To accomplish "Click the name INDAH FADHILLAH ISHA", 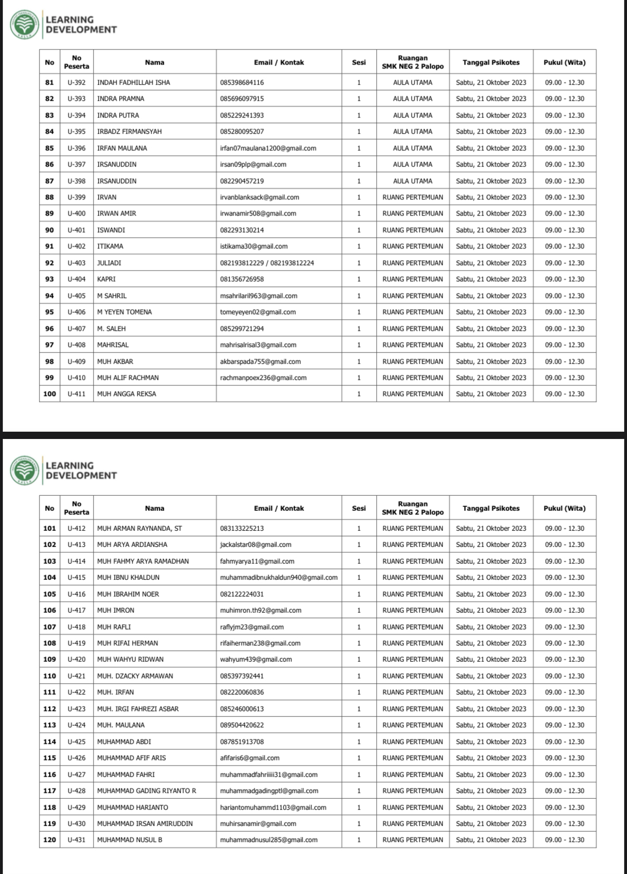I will pyautogui.click(x=134, y=82).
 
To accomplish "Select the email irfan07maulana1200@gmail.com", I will pyautogui.click(x=268, y=148).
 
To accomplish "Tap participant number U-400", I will pyautogui.click(x=76, y=213).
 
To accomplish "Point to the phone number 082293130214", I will pyautogui.click(x=242, y=230).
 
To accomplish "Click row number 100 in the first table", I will pyautogui.click(x=50, y=394).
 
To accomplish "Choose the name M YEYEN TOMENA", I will pyautogui.click(x=124, y=312).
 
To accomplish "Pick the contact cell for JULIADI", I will pyautogui.click(x=267, y=263).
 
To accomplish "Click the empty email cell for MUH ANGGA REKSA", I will pyautogui.click(x=279, y=394).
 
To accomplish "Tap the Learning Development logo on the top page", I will pyautogui.click(x=25, y=25).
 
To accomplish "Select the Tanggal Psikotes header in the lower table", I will pyautogui.click(x=491, y=508).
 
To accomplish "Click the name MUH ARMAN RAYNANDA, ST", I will pyautogui.click(x=139, y=528).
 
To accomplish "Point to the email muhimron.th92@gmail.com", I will pyautogui.click(x=261, y=611).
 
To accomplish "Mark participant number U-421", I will pyautogui.click(x=76, y=676).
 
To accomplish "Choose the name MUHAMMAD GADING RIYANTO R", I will pyautogui.click(x=147, y=790).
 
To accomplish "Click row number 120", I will pyautogui.click(x=50, y=839).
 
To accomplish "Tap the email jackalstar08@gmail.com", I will pyautogui.click(x=256, y=545).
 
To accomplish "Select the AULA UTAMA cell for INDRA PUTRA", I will pyautogui.click(x=412, y=115).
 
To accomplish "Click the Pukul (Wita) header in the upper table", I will pyautogui.click(x=565, y=62).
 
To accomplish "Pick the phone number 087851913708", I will pyautogui.click(x=242, y=741).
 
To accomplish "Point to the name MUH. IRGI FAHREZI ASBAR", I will pyautogui.click(x=138, y=709).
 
